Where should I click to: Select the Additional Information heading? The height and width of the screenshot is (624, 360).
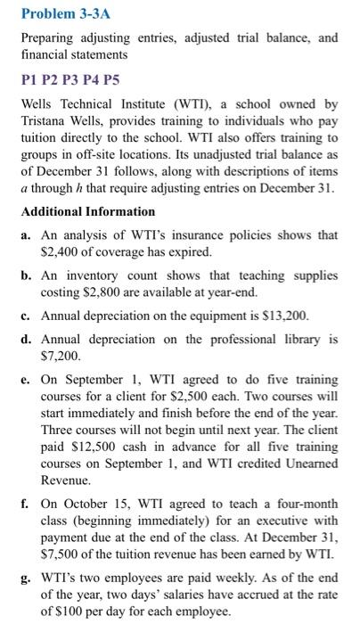point(87,211)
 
